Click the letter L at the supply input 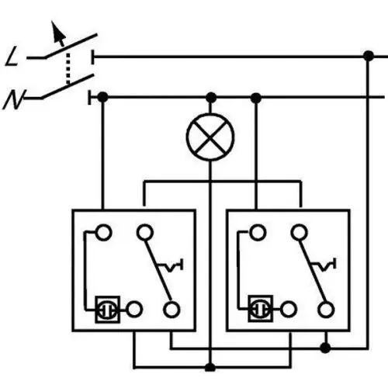[x=12, y=56]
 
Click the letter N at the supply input [x=14, y=99]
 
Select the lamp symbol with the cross [x=210, y=137]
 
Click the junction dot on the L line [x=369, y=56]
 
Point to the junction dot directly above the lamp [x=211, y=98]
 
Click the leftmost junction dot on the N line [x=102, y=98]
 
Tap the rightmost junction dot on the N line [x=256, y=98]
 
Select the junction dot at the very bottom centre [x=210, y=367]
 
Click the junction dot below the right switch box [x=325, y=348]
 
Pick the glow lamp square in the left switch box [x=107, y=310]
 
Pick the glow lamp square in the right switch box [x=261, y=309]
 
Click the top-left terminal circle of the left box [x=103, y=233]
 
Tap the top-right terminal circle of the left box [x=145, y=233]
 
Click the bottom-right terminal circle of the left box [x=171, y=310]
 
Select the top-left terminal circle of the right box [x=258, y=232]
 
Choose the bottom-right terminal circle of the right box [x=326, y=310]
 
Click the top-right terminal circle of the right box [x=300, y=232]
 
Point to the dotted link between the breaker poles [x=68, y=68]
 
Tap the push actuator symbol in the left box [x=171, y=265]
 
